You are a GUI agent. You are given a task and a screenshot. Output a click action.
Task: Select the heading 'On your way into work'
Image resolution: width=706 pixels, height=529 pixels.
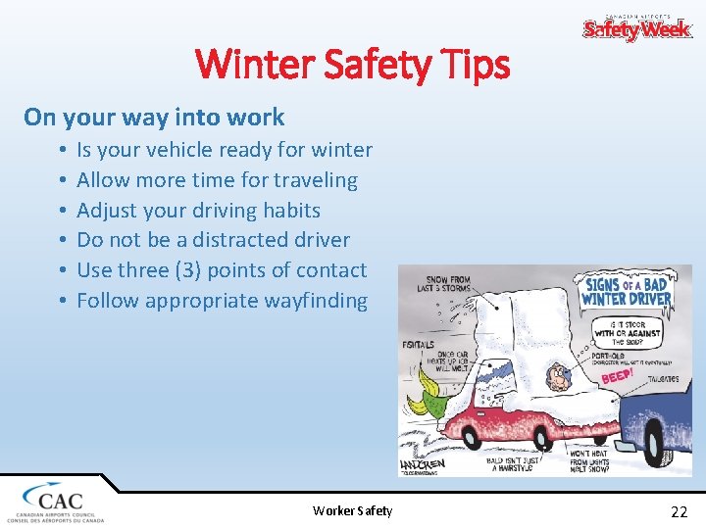pyautogui.click(x=154, y=117)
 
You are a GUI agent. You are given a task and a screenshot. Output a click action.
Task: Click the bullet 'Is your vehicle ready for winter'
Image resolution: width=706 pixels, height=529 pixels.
pyautogui.click(x=225, y=150)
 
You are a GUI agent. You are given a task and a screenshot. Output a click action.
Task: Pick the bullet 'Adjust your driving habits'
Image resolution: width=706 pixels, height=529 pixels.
pyautogui.click(x=198, y=210)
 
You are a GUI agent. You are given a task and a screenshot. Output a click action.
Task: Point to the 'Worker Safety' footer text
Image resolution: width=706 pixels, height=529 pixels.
pyautogui.click(x=352, y=510)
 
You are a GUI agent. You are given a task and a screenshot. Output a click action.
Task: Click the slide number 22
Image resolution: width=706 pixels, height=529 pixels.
pyautogui.click(x=679, y=510)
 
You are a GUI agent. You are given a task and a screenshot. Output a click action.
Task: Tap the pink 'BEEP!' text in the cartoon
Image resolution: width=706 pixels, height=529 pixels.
pyautogui.click(x=617, y=376)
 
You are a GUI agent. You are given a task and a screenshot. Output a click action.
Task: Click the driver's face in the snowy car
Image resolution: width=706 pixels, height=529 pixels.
pyautogui.click(x=558, y=374)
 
